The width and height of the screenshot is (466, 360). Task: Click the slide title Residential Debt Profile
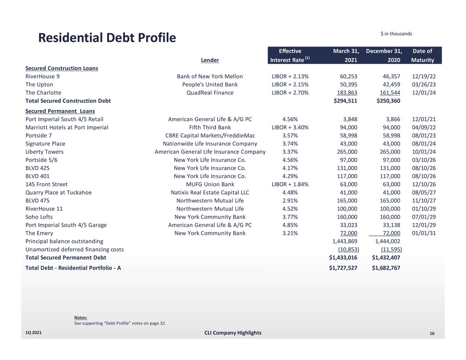[107, 38]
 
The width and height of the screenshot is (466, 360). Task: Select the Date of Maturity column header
[422, 55]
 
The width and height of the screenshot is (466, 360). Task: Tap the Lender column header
[210, 60]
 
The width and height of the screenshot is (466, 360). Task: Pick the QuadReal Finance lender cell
[210, 92]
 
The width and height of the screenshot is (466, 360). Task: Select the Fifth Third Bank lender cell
[210, 127]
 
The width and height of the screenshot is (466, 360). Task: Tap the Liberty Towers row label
[44, 151]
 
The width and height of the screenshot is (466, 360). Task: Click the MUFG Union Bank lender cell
[210, 184]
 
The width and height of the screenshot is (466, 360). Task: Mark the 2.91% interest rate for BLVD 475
[290, 200]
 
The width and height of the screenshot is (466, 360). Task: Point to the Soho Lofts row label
[39, 216]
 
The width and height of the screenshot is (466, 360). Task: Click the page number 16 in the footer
[432, 334]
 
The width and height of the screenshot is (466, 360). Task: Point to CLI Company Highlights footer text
[232, 333]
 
